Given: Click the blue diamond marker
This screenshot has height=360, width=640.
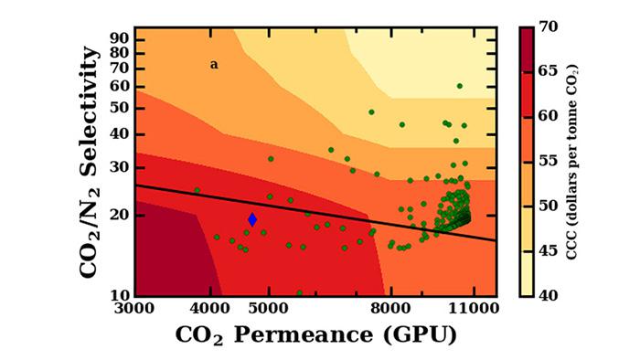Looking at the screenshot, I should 252,219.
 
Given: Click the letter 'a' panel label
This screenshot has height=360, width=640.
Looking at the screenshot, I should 214,65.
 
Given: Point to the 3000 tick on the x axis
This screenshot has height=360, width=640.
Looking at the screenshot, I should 134,309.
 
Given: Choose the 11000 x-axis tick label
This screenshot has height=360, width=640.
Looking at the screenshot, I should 473,309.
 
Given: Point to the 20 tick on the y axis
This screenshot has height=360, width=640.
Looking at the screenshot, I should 117,216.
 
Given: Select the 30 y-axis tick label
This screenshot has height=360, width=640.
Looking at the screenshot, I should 117,168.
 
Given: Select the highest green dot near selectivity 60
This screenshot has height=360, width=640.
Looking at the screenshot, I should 460,86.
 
